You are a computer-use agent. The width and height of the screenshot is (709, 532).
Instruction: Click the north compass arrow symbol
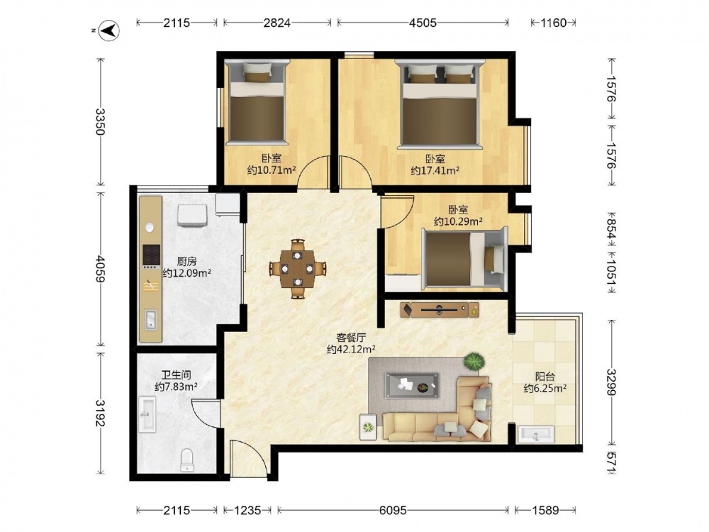tap(109, 31)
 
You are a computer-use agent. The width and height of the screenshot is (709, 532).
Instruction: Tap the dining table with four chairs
tap(298, 269)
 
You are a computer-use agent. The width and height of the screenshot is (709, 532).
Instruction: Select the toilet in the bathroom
tap(186, 460)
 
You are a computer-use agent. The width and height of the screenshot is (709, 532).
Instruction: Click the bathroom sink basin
tap(147, 414)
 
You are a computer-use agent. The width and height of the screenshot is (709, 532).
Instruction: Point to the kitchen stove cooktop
tap(152, 255)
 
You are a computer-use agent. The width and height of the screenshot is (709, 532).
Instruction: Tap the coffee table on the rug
tap(412, 385)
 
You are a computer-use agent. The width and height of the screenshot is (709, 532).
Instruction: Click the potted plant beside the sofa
tap(474, 362)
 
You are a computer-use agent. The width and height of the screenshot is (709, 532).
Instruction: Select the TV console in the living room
tap(440, 310)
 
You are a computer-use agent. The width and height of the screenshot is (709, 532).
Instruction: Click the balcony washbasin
tap(536, 434)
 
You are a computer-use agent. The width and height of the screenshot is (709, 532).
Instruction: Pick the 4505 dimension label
tap(423, 23)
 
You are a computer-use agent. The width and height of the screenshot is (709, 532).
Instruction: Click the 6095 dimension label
tap(393, 510)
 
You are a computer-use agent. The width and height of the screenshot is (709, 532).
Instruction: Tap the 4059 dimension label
tap(100, 269)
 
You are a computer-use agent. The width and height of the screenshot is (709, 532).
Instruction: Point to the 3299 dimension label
tap(611, 382)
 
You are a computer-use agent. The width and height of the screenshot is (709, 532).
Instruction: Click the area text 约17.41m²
tap(435, 170)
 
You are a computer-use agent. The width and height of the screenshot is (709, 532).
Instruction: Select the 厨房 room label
tap(186, 261)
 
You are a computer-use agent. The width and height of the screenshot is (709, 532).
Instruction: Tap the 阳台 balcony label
tap(545, 377)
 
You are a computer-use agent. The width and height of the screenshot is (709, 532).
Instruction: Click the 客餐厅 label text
tap(351, 338)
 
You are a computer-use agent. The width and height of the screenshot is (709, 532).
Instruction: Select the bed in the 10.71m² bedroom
tap(257, 104)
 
